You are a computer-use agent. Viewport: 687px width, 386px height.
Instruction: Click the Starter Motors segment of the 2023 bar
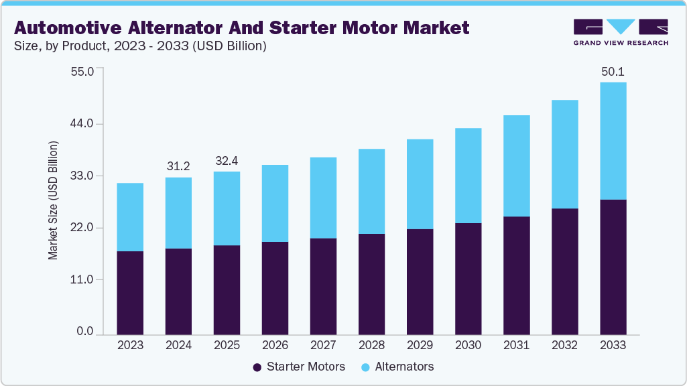[x=130, y=293]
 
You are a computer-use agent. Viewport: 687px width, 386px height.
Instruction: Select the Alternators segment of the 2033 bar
[x=613, y=141]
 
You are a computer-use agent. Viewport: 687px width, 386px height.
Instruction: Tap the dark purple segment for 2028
[x=371, y=284]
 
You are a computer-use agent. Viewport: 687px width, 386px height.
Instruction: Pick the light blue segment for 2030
[x=468, y=176]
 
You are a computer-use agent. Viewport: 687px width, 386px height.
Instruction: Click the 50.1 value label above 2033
[x=613, y=72]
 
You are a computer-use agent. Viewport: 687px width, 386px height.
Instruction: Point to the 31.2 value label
[x=178, y=166]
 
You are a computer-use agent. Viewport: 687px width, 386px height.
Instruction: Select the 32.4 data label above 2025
[x=227, y=161]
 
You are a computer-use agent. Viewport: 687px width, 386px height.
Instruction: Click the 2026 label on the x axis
[x=275, y=346]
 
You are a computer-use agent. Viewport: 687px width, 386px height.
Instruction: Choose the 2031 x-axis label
[x=516, y=346]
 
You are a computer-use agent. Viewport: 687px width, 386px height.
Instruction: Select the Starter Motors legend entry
[x=299, y=367]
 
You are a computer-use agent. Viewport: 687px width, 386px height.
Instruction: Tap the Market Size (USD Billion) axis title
[x=53, y=201]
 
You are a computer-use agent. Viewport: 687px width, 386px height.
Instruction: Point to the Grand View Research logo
[x=620, y=32]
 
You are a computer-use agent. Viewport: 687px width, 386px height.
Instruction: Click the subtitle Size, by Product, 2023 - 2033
[x=141, y=46]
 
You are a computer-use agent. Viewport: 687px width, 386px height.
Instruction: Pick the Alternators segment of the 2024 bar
[x=178, y=213]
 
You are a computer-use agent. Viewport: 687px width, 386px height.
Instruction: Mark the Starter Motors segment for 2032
[x=564, y=271]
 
